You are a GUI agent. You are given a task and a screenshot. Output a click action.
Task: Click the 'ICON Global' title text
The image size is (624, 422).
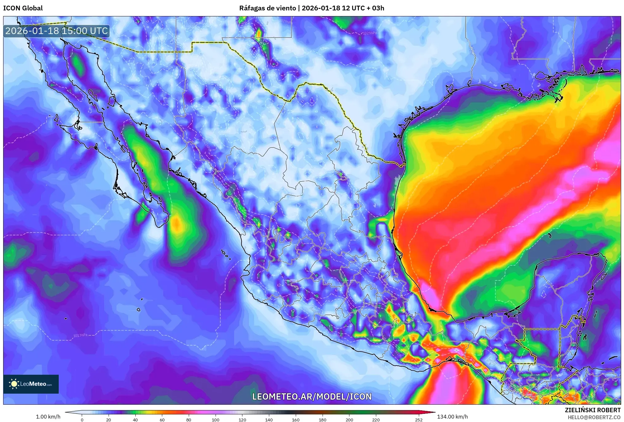[x=23, y=8]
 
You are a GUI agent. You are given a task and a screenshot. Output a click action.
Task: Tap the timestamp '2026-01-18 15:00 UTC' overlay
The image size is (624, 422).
[x=56, y=31]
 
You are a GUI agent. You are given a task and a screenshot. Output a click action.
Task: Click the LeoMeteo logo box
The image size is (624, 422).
[x=31, y=384]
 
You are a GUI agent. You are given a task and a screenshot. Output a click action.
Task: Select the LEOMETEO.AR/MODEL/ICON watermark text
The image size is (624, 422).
[x=312, y=396]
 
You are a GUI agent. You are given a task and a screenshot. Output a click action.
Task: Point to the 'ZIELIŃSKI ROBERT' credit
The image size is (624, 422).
[x=592, y=410]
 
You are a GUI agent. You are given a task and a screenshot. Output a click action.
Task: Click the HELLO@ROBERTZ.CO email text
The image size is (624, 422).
[x=594, y=417]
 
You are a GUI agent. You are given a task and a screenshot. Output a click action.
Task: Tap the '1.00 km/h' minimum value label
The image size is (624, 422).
[x=48, y=417]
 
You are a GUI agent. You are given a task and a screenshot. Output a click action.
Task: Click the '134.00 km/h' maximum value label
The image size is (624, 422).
[x=452, y=417]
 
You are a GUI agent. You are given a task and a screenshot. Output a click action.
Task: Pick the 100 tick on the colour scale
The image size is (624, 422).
[x=215, y=419]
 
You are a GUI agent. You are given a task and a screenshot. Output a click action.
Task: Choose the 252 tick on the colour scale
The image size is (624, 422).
[x=419, y=419]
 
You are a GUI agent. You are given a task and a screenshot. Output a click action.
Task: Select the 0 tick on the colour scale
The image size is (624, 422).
[x=82, y=419]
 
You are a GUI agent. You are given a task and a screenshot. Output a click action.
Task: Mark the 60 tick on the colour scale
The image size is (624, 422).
[x=162, y=419]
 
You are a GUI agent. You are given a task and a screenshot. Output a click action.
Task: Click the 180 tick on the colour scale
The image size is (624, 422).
[x=322, y=419]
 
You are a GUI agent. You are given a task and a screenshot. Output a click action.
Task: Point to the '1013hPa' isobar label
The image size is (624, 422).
[x=80, y=335]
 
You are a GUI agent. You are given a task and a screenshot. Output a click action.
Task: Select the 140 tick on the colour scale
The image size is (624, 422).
[x=269, y=419]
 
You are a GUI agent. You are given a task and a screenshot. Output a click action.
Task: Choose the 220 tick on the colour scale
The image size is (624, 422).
[x=376, y=419]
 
